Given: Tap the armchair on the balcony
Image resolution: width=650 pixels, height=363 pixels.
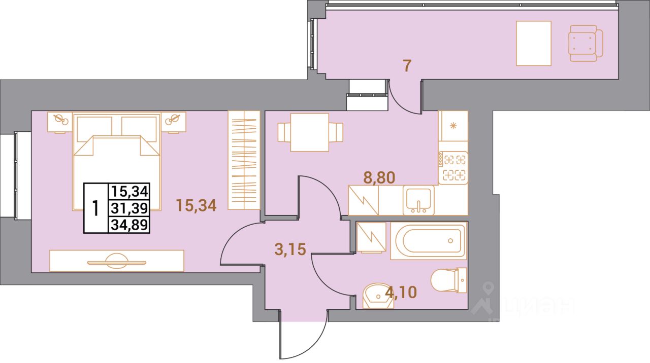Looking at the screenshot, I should [x=585, y=43].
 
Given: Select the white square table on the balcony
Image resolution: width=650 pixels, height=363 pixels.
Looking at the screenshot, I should [x=533, y=43].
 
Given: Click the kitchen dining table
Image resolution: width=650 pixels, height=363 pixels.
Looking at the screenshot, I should [x=310, y=132].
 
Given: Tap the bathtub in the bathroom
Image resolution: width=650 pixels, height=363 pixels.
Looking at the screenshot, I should [x=428, y=241].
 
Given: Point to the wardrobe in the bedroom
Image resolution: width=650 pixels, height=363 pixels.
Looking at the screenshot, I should [x=244, y=160].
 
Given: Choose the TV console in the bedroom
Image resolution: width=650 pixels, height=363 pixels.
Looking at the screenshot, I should [x=116, y=261].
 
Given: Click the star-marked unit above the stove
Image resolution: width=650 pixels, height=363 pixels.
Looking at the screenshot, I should [x=452, y=126].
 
